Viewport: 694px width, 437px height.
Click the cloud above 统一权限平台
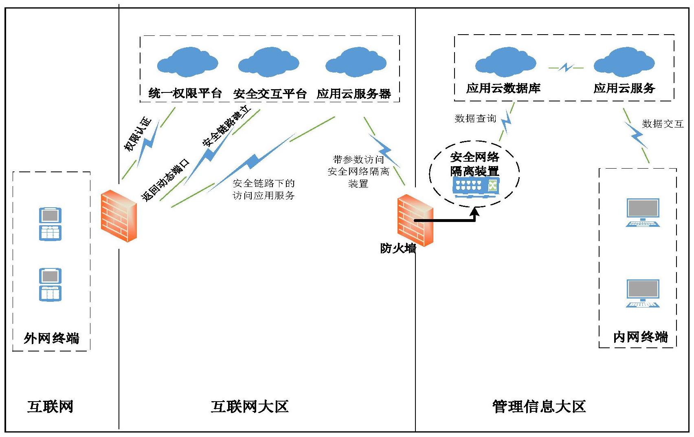pos(187,63)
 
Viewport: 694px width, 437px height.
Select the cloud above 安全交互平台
pos(269,63)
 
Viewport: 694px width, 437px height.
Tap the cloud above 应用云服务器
pos(356,63)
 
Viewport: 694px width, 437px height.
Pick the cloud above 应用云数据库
pos(505,63)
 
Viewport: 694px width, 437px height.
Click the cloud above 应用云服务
pos(624,63)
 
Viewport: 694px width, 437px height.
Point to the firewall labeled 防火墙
pos(415,220)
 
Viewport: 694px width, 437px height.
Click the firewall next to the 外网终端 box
pos(119,216)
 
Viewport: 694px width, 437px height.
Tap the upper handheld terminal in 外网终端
pos(50,224)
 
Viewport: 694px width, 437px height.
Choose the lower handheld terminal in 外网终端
pos(50,285)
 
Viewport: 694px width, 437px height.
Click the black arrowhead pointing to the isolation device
pos(475,211)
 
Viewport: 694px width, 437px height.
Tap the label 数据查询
pos(475,119)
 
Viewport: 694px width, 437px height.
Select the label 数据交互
pos(663,124)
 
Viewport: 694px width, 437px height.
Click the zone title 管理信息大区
pos(539,406)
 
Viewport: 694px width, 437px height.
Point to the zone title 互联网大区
pos(250,406)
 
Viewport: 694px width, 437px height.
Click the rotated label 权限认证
pos(138,134)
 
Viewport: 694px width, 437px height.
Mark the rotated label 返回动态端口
pos(165,181)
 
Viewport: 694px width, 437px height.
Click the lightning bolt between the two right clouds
pos(566,68)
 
